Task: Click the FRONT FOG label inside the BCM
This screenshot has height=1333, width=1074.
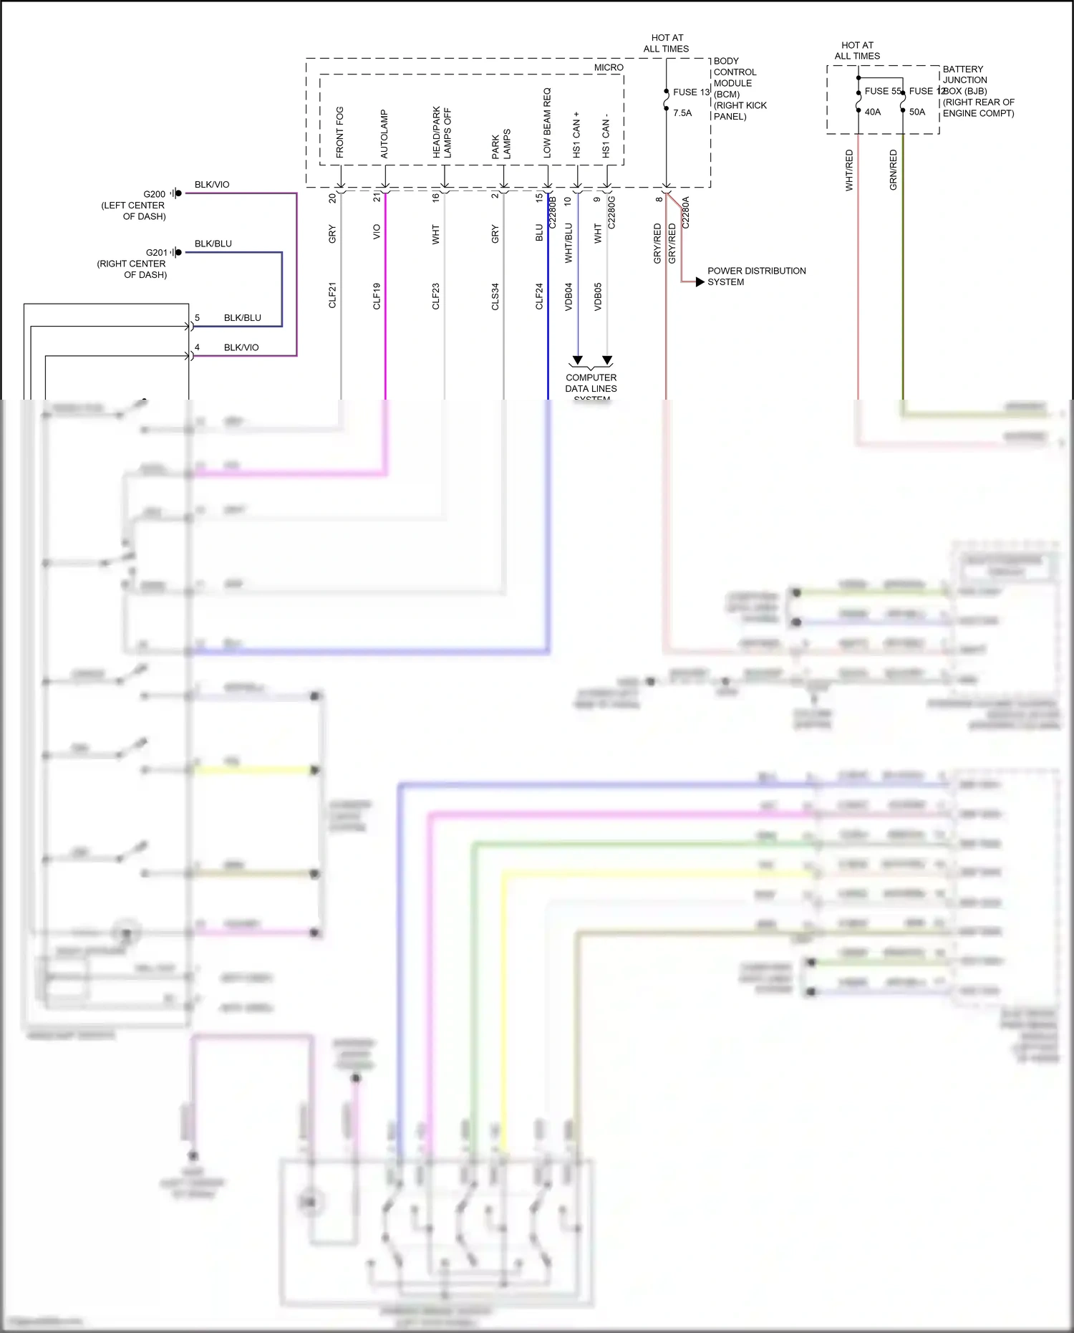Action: (x=339, y=133)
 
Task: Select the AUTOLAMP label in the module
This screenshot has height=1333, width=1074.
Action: (x=384, y=134)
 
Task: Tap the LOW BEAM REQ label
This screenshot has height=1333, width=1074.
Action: (x=547, y=123)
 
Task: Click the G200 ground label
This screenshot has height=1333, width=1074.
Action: (x=154, y=194)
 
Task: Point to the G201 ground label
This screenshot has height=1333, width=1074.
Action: (x=156, y=253)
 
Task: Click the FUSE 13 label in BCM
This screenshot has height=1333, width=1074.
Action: (x=691, y=92)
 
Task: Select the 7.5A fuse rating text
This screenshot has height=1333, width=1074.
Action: (x=682, y=113)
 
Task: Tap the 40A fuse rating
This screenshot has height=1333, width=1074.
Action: (x=873, y=112)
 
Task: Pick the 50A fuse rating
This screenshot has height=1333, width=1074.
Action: (x=917, y=112)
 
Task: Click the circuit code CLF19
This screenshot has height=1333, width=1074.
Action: (x=377, y=296)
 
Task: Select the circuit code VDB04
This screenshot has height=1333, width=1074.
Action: (x=569, y=296)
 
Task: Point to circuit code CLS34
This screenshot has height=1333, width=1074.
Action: (x=495, y=297)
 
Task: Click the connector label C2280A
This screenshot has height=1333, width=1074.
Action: (x=685, y=213)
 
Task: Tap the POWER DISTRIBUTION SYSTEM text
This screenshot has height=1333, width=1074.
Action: (x=756, y=276)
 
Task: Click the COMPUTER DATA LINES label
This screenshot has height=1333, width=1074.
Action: (x=591, y=383)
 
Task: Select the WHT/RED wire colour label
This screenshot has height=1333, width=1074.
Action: (x=849, y=170)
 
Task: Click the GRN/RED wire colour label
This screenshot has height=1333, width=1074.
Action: (x=893, y=170)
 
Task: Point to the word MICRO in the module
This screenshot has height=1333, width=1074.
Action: (x=609, y=67)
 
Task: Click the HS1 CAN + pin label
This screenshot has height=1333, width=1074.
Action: (x=576, y=135)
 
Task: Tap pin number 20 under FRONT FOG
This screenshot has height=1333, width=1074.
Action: (x=332, y=198)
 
